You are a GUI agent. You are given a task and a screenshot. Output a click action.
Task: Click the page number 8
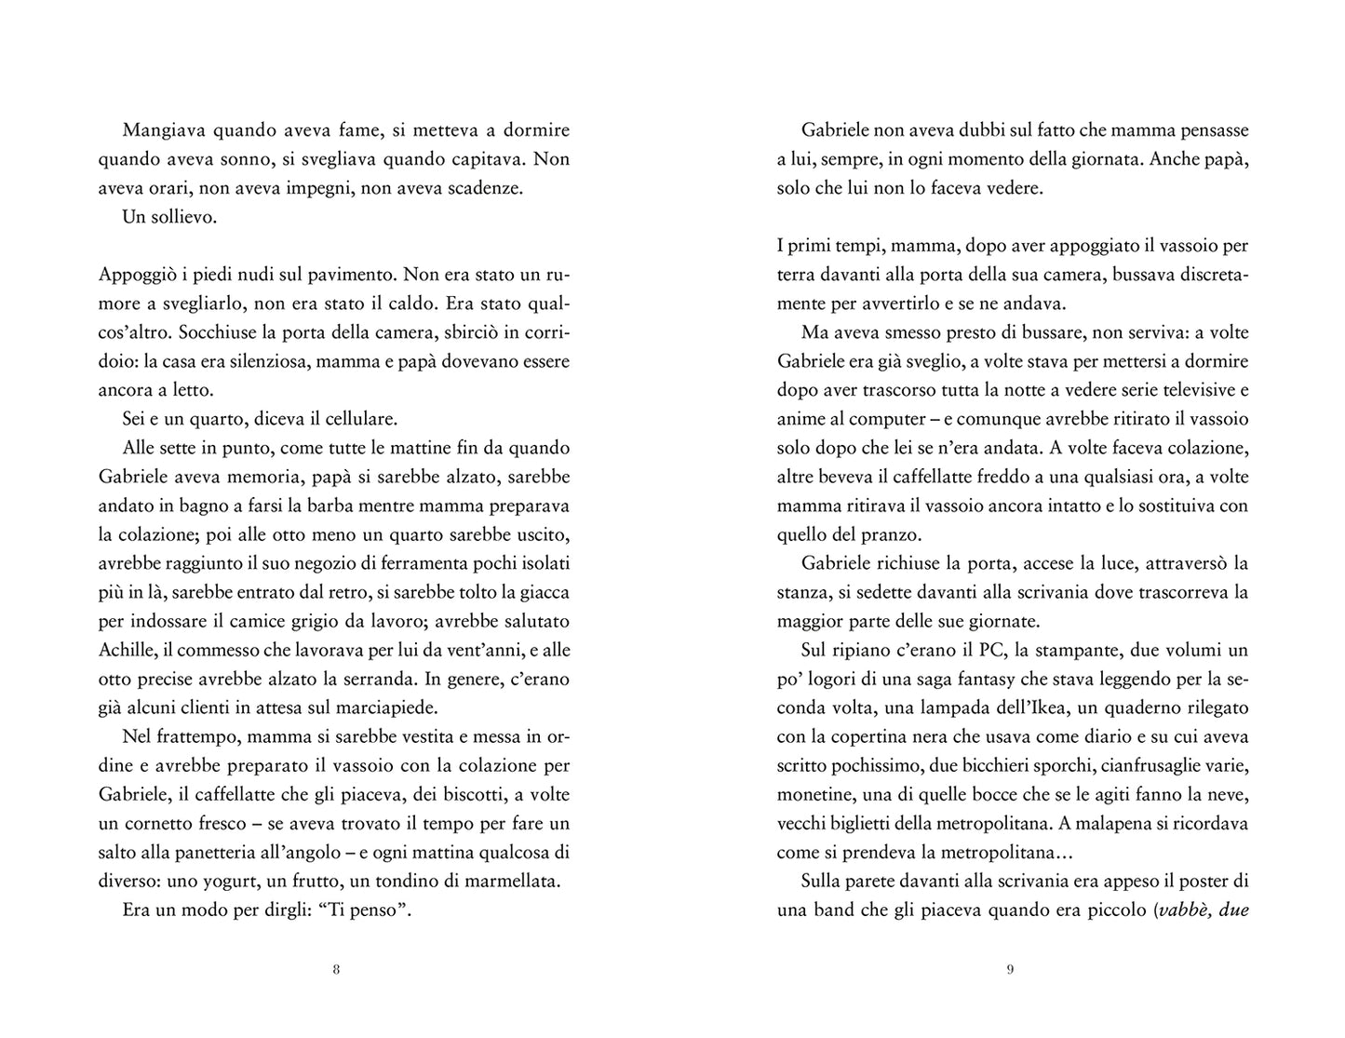336,969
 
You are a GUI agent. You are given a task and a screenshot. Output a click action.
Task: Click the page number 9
1010,969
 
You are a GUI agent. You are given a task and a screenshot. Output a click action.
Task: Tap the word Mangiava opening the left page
163,131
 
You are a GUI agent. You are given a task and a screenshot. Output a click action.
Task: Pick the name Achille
127,650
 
